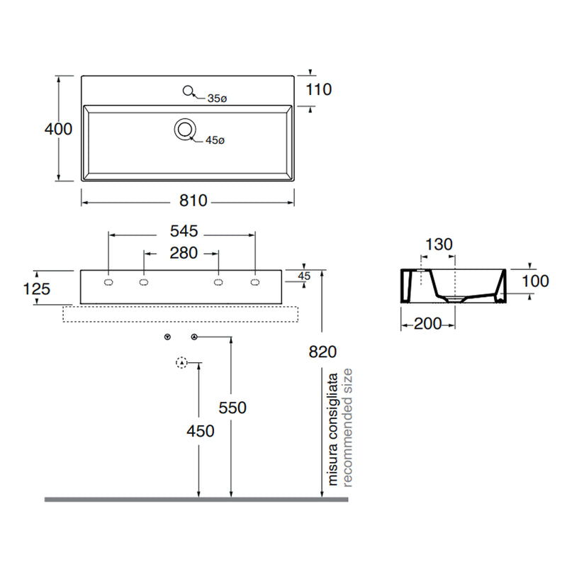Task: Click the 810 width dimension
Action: tap(193, 201)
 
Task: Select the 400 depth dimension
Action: tap(58, 129)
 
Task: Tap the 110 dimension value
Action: tap(318, 90)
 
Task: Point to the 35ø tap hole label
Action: tap(217, 99)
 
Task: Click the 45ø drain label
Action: tap(215, 140)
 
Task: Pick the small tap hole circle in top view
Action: tap(188, 91)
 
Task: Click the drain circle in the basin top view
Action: tap(185, 129)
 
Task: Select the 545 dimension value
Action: tap(184, 231)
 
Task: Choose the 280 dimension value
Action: tap(184, 253)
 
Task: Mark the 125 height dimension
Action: tap(36, 289)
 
